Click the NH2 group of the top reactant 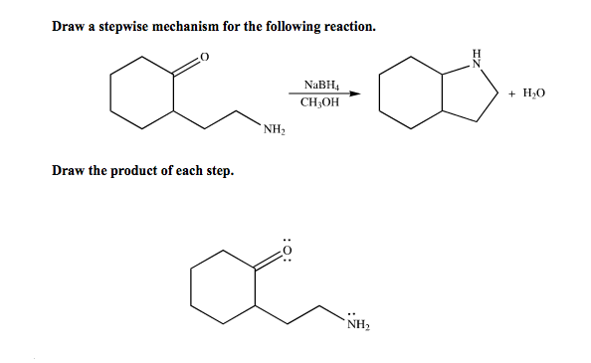[275, 128]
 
